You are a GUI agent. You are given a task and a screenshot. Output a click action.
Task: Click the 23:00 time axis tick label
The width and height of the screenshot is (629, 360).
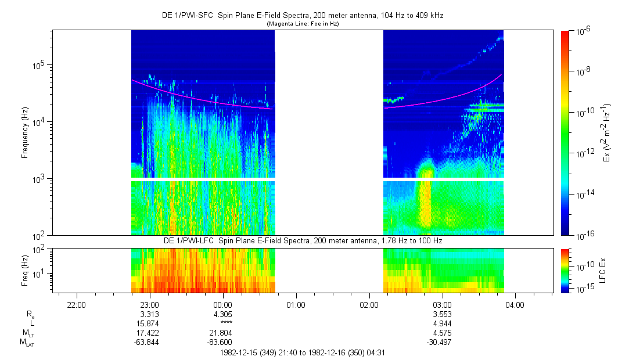(x=150, y=305)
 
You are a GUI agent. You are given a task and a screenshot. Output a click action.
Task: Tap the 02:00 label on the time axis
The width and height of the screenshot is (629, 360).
(x=369, y=305)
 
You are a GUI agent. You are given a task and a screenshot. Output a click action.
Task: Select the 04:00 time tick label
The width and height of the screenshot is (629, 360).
(x=515, y=305)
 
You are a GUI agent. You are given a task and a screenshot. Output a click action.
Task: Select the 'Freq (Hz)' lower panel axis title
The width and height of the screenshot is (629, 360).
(x=25, y=270)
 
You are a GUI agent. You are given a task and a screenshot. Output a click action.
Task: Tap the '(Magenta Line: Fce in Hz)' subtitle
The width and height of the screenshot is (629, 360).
(x=302, y=24)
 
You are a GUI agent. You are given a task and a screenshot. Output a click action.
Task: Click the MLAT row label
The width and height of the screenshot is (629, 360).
(x=27, y=343)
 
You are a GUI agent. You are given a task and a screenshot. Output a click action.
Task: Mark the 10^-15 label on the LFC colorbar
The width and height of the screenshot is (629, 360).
(x=583, y=289)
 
